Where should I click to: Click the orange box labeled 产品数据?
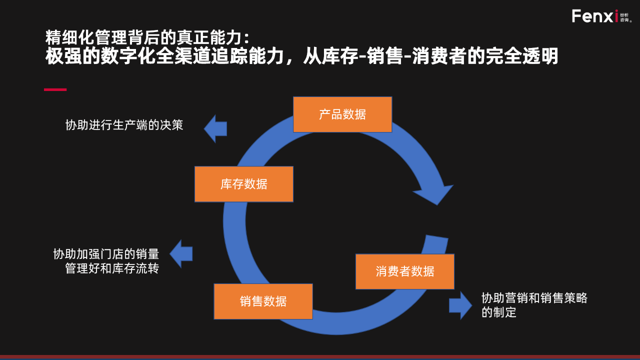(x=342, y=114)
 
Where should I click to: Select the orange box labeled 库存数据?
(x=243, y=184)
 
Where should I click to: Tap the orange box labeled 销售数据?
(x=263, y=301)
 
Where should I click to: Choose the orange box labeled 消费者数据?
(x=405, y=271)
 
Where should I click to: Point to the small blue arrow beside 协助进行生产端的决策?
(x=215, y=128)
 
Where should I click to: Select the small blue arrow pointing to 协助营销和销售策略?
(x=460, y=305)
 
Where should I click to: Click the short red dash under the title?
(x=55, y=89)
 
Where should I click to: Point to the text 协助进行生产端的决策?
(x=124, y=125)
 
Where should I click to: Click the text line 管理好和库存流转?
(x=112, y=268)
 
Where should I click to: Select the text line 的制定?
(x=498, y=313)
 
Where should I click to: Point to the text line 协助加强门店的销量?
(x=106, y=254)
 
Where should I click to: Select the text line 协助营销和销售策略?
(x=534, y=298)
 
